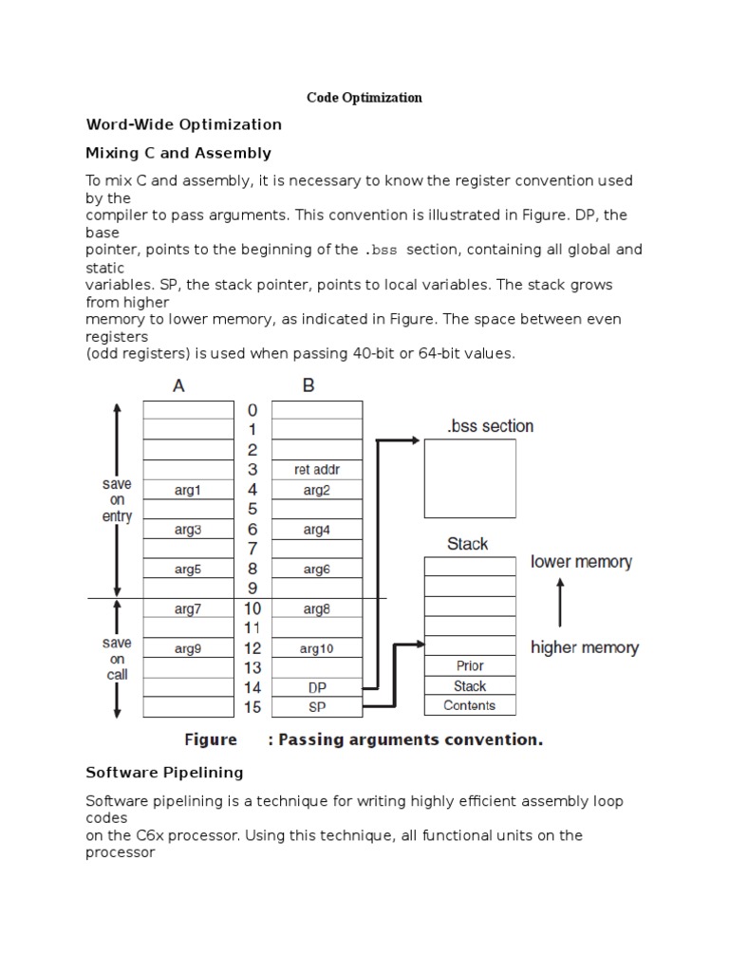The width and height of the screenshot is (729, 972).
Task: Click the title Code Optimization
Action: click(364, 98)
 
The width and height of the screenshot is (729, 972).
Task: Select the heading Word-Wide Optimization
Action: click(184, 124)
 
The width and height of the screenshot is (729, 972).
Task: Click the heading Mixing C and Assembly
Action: click(178, 153)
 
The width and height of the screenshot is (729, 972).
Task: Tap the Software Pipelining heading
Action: click(164, 772)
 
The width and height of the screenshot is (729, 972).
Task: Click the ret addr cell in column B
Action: click(316, 470)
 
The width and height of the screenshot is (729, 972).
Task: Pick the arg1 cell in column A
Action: click(188, 490)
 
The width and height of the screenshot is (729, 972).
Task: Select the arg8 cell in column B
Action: click(316, 609)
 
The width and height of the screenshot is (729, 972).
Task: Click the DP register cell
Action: click(316, 687)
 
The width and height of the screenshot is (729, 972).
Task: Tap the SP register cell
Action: click(316, 707)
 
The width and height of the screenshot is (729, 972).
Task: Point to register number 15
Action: click(252, 707)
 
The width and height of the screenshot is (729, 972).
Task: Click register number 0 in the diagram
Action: click(252, 410)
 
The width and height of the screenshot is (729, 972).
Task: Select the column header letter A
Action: click(179, 385)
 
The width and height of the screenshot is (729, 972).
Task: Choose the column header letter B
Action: click(308, 385)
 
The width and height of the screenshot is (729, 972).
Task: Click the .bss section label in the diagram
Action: click(490, 426)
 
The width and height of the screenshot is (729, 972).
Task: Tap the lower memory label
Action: click(581, 562)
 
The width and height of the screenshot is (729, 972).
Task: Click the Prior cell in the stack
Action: click(470, 666)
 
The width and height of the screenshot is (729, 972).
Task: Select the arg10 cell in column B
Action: click(316, 649)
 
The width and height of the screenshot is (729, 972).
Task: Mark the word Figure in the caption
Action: click(210, 740)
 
